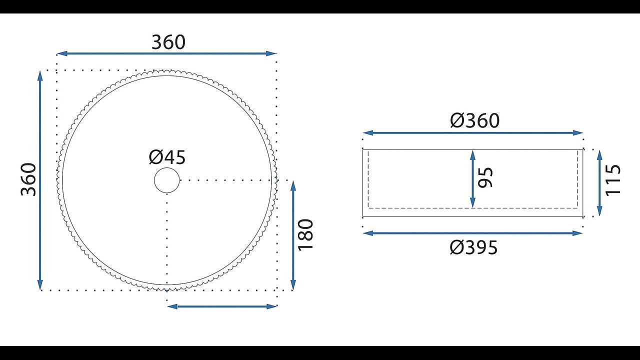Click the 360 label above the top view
click(x=168, y=42)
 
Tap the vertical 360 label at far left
click(x=28, y=179)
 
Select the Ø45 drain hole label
click(x=167, y=157)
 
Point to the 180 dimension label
click(x=305, y=235)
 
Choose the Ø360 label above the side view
click(x=475, y=120)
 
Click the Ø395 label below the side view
click(x=473, y=247)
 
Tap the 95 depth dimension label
click(x=485, y=177)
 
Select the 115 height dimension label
click(x=613, y=180)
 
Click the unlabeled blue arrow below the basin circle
click(x=222, y=306)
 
